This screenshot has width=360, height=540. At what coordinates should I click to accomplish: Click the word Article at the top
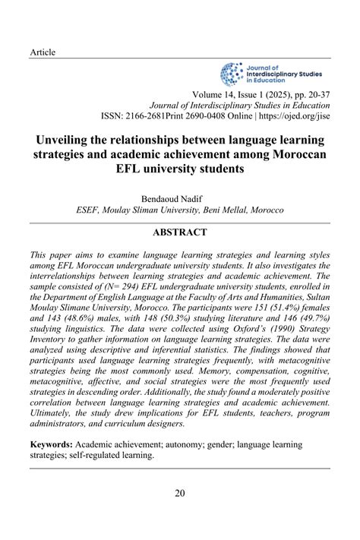[x=43, y=52]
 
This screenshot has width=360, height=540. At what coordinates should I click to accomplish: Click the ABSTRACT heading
[x=179, y=232]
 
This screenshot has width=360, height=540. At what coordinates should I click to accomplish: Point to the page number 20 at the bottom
[x=179, y=493]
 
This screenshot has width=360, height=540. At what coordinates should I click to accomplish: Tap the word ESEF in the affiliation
[x=90, y=210]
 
